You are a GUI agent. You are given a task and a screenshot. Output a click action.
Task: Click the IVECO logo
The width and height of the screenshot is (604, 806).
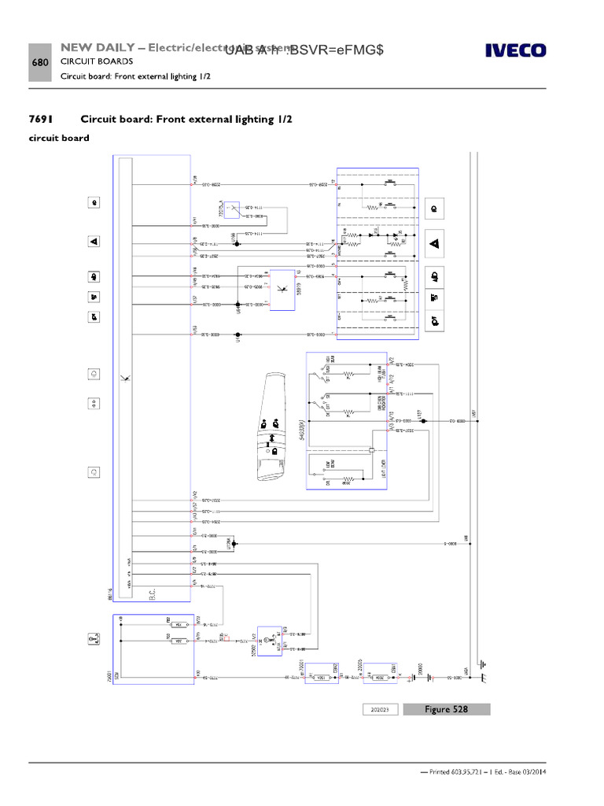pos(515,51)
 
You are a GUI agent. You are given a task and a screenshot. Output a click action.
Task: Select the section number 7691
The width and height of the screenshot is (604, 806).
pos(42,119)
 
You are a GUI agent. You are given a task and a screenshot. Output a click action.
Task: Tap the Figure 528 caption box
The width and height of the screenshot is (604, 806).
pos(446,709)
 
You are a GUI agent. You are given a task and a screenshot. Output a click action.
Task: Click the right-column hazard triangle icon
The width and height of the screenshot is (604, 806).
pos(433,244)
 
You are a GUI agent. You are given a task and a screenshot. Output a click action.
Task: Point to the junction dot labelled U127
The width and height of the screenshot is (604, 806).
pos(423,421)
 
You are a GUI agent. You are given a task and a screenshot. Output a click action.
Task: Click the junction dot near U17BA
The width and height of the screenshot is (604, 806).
pos(234,543)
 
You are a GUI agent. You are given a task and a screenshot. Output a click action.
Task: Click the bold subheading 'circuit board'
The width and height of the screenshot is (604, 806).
pos(59,139)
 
